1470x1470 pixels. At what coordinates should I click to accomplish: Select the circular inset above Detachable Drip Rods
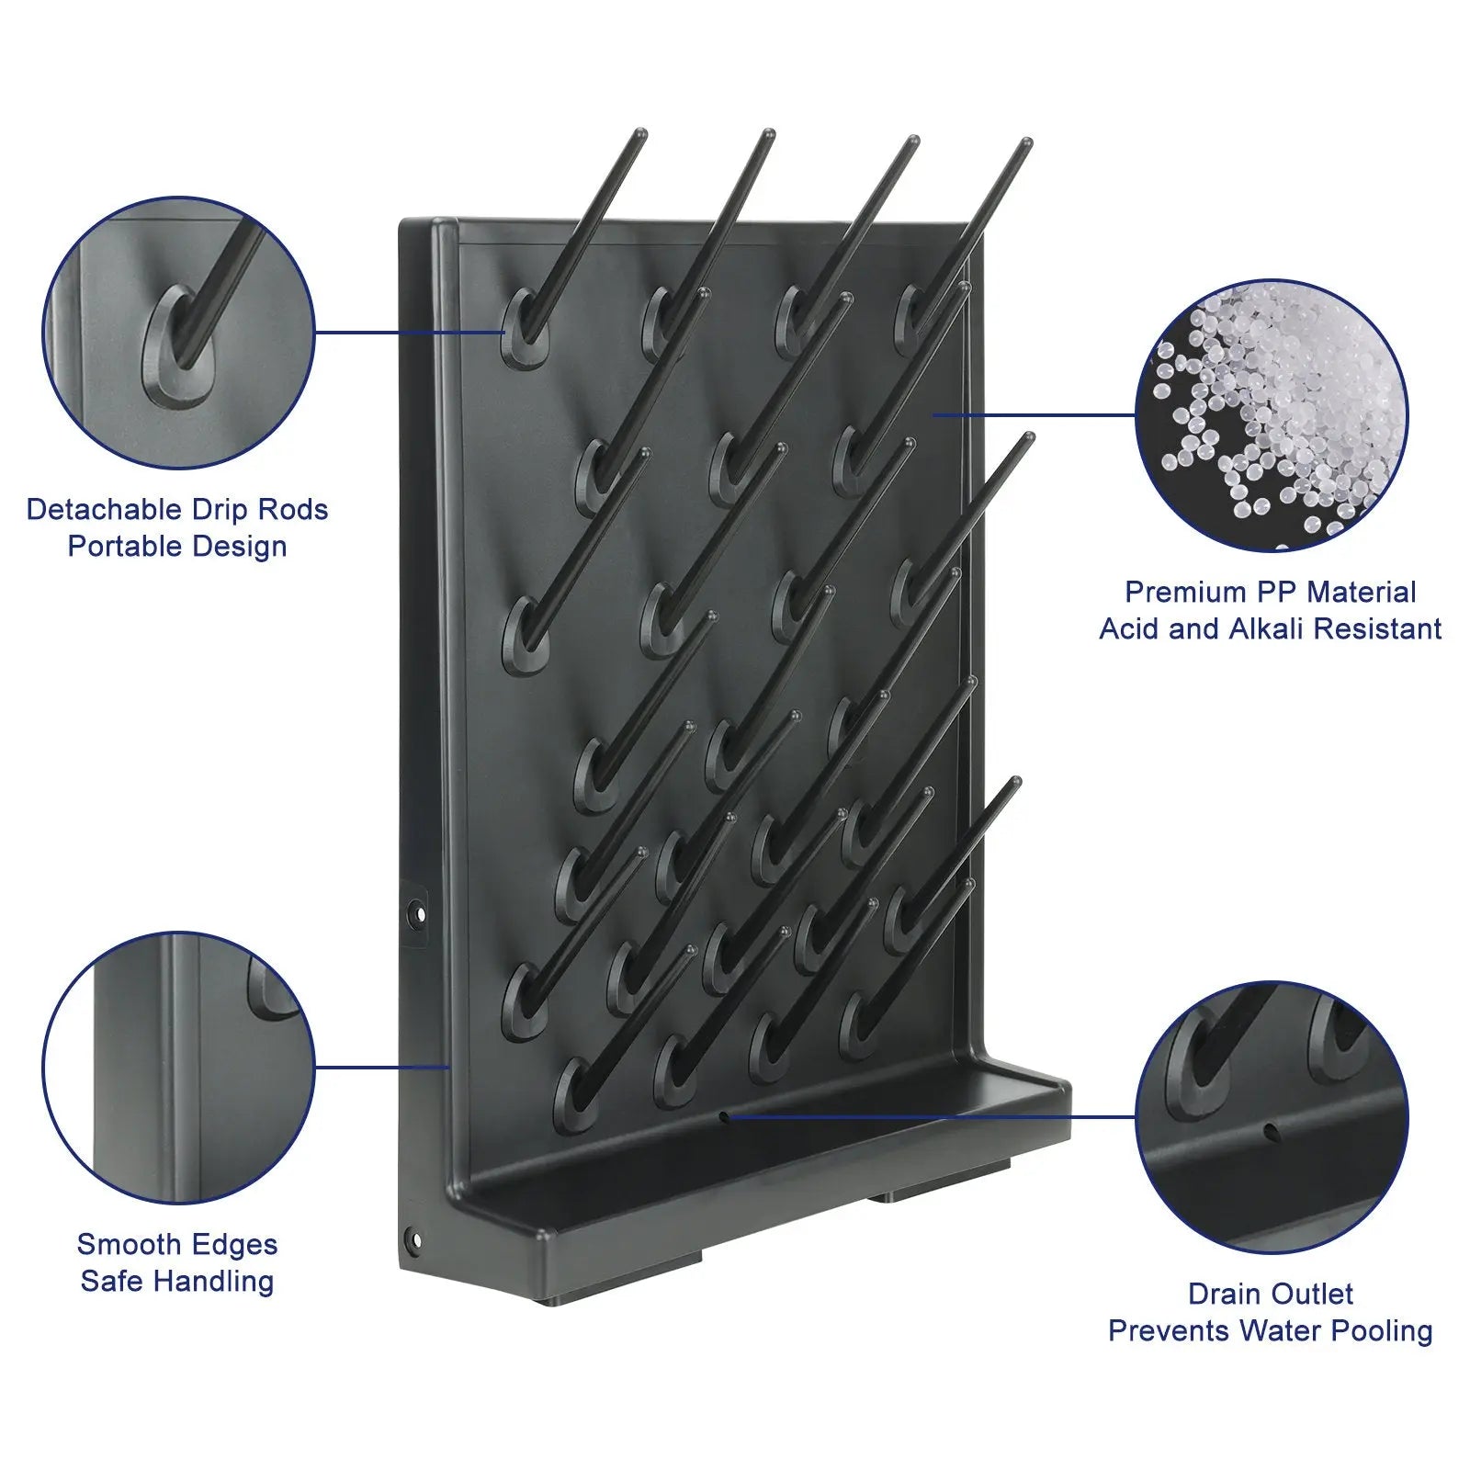click(179, 333)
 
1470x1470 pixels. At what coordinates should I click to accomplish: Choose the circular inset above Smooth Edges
click(179, 1068)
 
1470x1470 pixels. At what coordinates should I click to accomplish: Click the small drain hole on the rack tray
click(724, 1116)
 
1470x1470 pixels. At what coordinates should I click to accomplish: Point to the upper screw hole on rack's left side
click(419, 915)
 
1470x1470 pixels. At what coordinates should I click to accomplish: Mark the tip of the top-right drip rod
click(1026, 142)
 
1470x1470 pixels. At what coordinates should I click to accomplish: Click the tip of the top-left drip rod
click(640, 133)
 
